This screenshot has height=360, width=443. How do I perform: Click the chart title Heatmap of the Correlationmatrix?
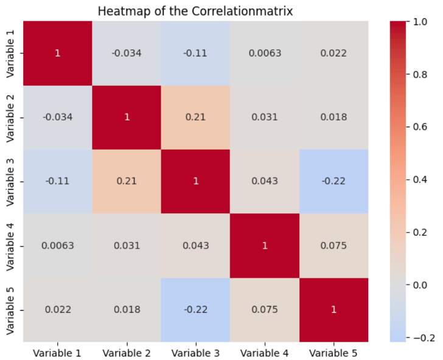point(196,10)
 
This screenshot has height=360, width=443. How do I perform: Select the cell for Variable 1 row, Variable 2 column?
point(127,53)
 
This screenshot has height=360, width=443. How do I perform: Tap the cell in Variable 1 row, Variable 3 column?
point(196,53)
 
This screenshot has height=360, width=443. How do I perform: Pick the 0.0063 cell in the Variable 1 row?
point(265,53)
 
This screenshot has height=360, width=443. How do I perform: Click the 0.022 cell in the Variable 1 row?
point(333,53)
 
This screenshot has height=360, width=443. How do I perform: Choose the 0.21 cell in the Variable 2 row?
point(196,117)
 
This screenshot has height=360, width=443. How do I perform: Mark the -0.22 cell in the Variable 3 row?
point(333,181)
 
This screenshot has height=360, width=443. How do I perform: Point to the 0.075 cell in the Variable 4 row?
point(333,246)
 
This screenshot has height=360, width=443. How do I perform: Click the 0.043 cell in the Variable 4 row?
point(196,246)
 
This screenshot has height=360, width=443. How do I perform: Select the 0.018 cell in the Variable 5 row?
point(127,310)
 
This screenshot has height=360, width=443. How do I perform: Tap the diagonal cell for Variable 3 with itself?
point(196,181)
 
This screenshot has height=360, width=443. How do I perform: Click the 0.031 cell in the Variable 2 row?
point(265,117)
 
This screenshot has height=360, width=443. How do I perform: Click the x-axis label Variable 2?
point(127,352)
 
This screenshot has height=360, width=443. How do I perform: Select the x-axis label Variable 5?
point(333,352)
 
